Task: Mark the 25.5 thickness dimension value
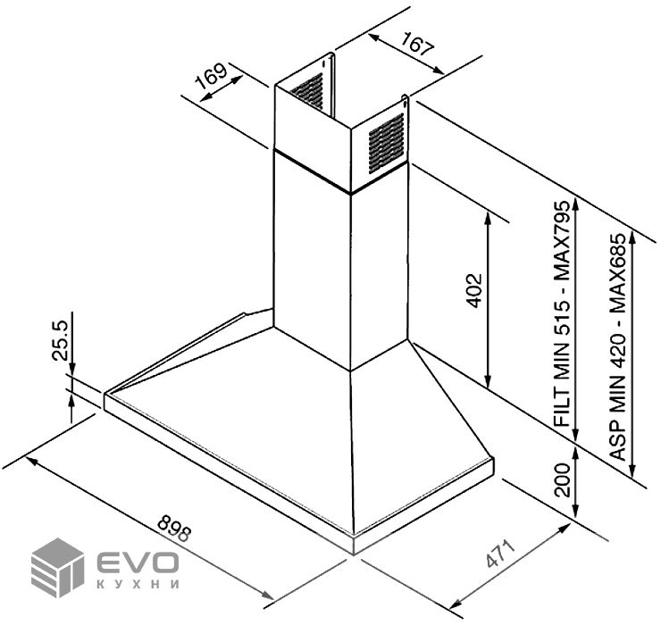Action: pyautogui.click(x=61, y=340)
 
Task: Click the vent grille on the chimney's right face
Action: pyautogui.click(x=386, y=142)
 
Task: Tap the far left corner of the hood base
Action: pyautogui.click(x=105, y=398)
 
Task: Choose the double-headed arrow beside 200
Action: pyautogui.click(x=578, y=482)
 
